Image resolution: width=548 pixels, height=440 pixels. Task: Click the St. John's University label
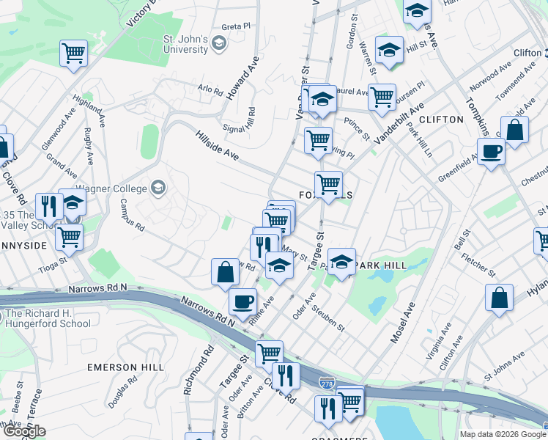[x=185, y=44]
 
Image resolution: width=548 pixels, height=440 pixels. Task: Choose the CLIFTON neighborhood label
[x=442, y=119]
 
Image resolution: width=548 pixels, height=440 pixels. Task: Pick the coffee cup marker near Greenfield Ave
[x=491, y=153]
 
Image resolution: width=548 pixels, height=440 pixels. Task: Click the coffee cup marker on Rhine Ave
[x=242, y=301]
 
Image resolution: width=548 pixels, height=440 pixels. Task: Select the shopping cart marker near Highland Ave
[x=73, y=54]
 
